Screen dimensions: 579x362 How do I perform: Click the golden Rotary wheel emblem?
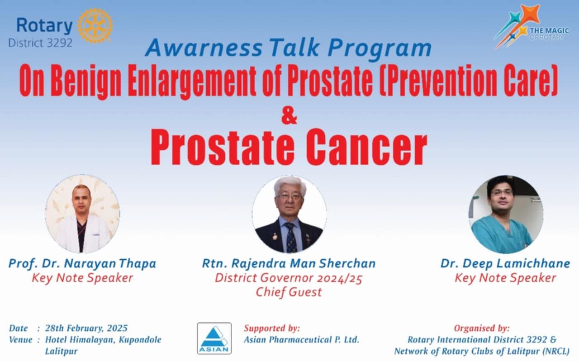(x=95, y=25)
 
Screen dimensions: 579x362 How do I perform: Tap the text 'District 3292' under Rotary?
(x=40, y=43)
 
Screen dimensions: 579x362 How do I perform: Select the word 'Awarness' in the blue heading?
(x=204, y=48)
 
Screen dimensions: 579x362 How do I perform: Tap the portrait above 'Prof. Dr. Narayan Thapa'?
(x=82, y=214)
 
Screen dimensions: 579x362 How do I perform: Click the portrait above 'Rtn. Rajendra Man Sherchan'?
(x=289, y=214)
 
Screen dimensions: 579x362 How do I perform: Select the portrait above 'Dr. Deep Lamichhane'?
(x=505, y=214)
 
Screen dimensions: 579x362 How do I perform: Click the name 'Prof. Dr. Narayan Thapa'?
(x=82, y=264)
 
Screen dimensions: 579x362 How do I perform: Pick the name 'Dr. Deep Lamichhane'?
(x=505, y=264)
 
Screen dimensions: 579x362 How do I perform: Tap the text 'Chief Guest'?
(x=289, y=292)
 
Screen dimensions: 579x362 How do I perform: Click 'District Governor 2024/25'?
(x=289, y=278)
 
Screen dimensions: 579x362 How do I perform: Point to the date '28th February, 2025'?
(x=86, y=329)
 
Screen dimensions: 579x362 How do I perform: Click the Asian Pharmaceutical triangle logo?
(x=214, y=338)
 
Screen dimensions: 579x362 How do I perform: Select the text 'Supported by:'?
(x=272, y=329)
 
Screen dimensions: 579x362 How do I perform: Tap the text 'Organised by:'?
(x=482, y=329)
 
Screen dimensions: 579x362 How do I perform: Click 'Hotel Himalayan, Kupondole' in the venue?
(x=103, y=340)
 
